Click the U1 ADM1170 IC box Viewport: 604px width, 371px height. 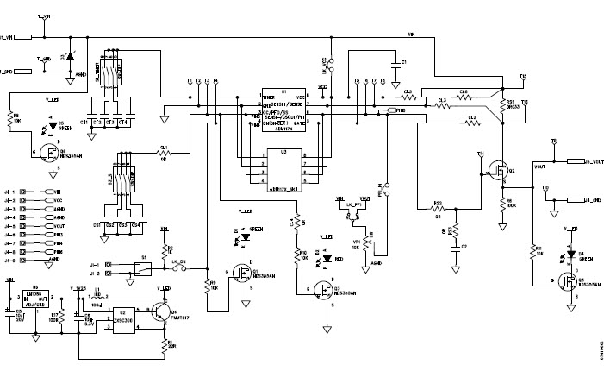284,111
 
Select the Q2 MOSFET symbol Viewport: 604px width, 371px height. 497,171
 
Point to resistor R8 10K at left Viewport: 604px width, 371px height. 15,117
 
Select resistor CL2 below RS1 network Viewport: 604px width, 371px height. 471,123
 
